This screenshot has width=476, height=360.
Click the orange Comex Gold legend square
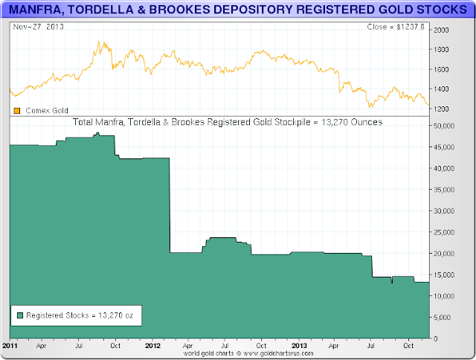pos(16,111)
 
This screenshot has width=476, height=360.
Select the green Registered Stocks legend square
pos(19,315)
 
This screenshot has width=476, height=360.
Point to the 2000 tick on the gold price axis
pos(443,30)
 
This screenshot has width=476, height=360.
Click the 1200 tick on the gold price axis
pos(443,109)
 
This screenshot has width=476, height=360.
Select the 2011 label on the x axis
pos(10,346)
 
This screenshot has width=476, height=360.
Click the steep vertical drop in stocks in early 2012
pos(170,205)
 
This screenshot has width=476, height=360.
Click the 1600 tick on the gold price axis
pos(443,70)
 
